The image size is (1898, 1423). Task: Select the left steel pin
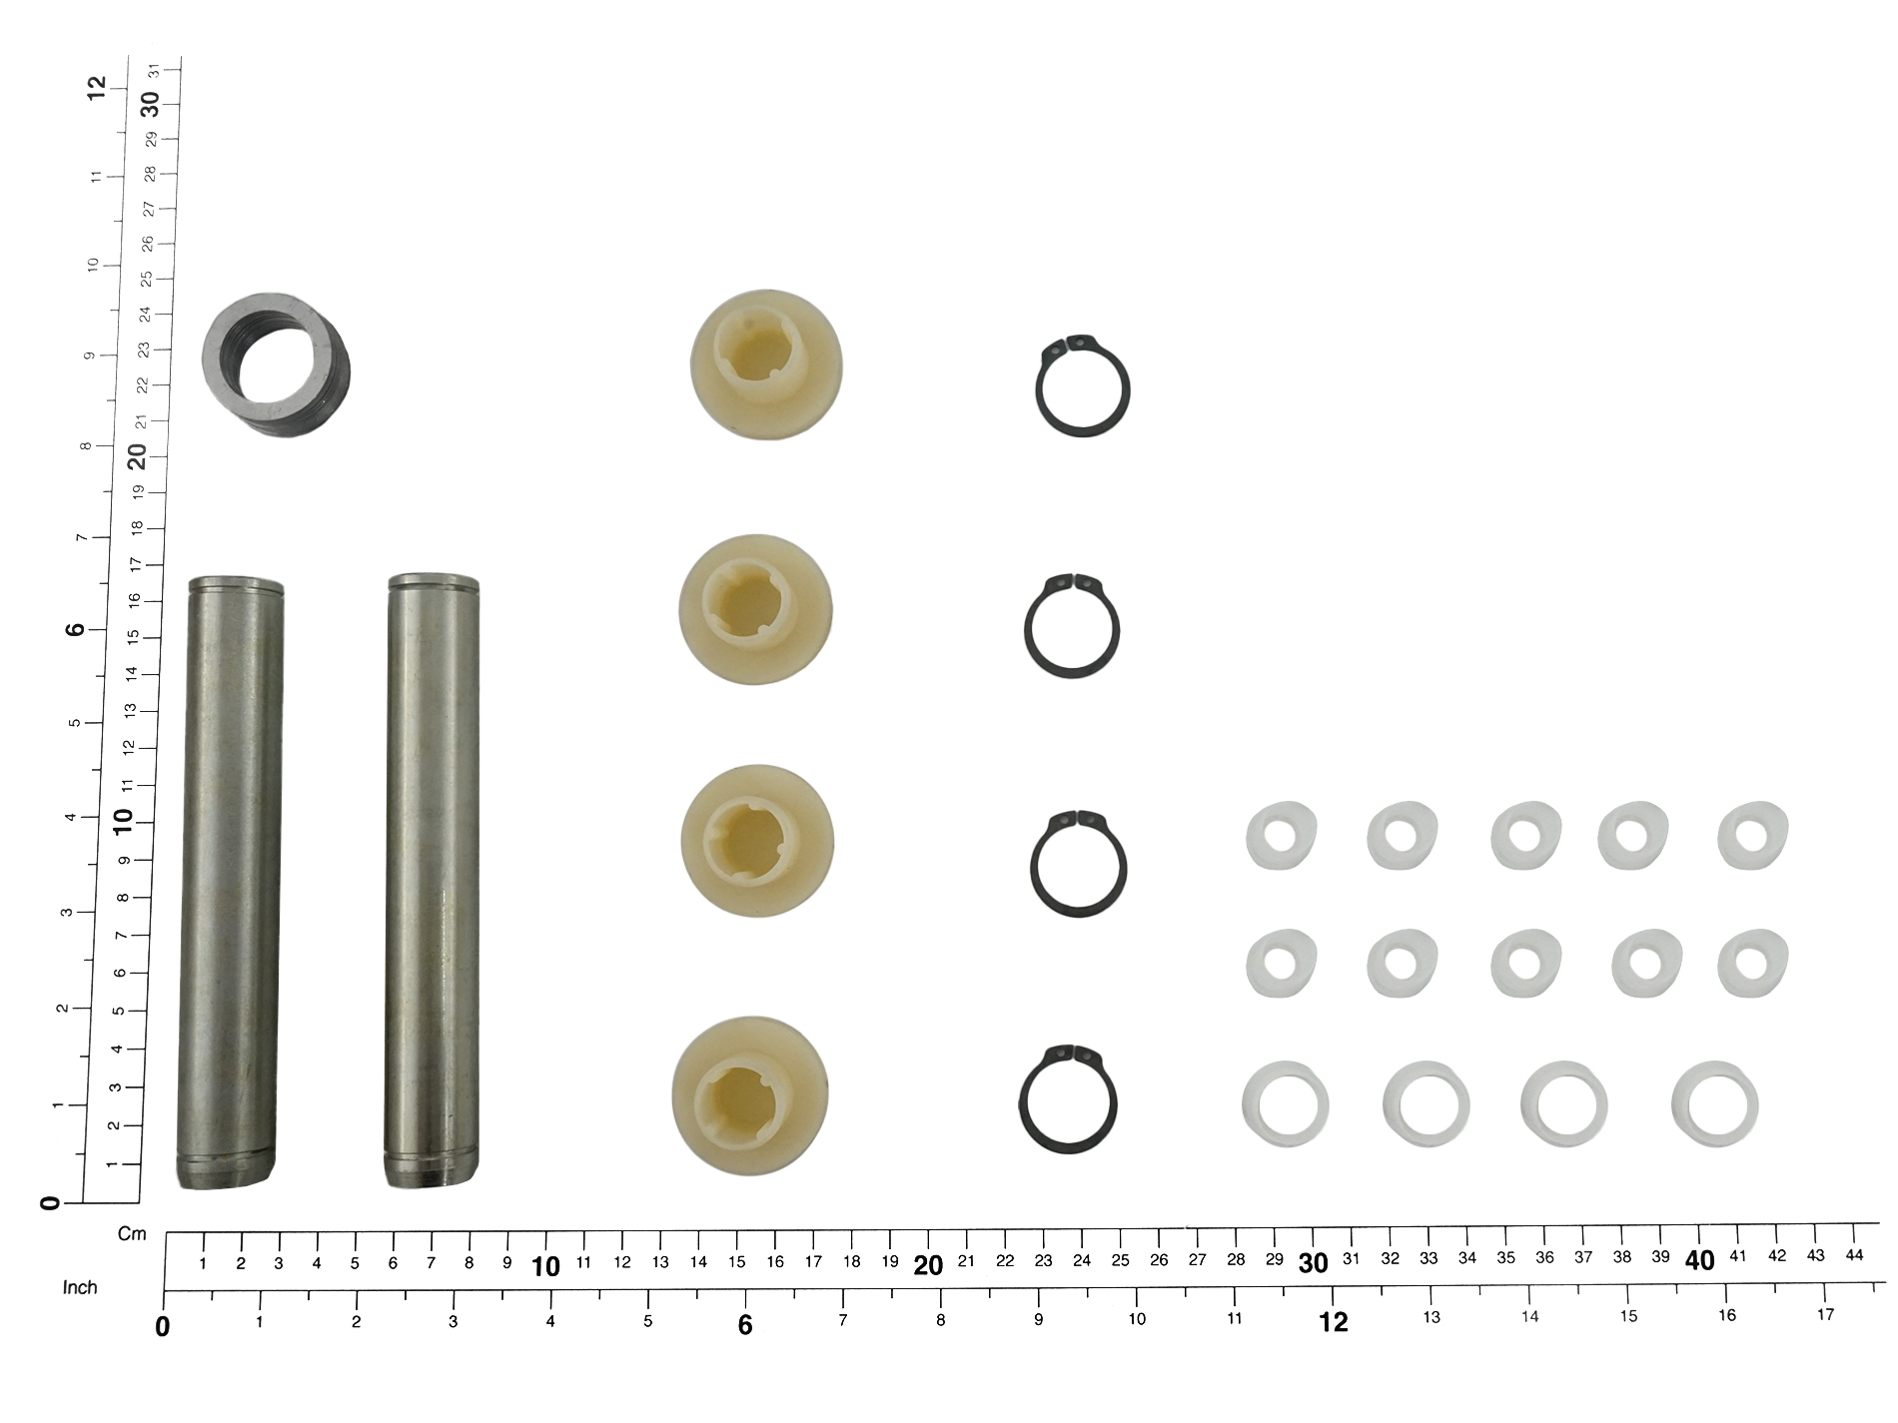230,883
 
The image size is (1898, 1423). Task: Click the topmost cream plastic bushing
766,363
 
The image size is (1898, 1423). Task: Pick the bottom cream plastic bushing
750,1093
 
